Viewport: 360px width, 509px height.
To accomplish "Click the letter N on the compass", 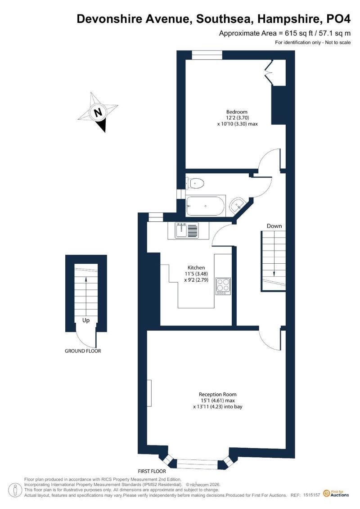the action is tap(98, 113).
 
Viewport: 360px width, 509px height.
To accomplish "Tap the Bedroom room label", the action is tap(237, 112).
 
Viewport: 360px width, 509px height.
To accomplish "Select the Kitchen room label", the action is tap(196, 267).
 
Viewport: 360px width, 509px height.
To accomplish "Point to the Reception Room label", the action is tap(217, 394).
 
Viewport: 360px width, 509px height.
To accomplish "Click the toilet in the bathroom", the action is tap(195, 184).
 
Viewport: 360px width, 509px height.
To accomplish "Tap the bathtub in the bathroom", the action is tap(206, 206).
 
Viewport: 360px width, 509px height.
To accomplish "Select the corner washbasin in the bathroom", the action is tap(238, 205).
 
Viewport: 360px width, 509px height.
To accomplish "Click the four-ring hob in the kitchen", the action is tap(223, 286).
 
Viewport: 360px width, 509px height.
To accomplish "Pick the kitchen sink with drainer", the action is tap(187, 230).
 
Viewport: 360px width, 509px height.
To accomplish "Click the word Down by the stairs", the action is tap(274, 226).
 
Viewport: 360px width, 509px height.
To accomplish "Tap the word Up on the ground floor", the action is tap(85, 320).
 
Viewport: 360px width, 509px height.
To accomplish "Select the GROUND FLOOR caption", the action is tap(83, 351).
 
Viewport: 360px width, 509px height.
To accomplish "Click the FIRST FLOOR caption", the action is tap(152, 471).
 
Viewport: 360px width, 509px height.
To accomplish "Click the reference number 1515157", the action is tap(312, 495).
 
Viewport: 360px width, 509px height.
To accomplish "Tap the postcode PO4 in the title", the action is tap(338, 19).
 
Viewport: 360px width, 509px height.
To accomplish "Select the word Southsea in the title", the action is tap(224, 19).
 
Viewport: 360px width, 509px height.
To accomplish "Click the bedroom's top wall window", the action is tap(207, 55).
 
